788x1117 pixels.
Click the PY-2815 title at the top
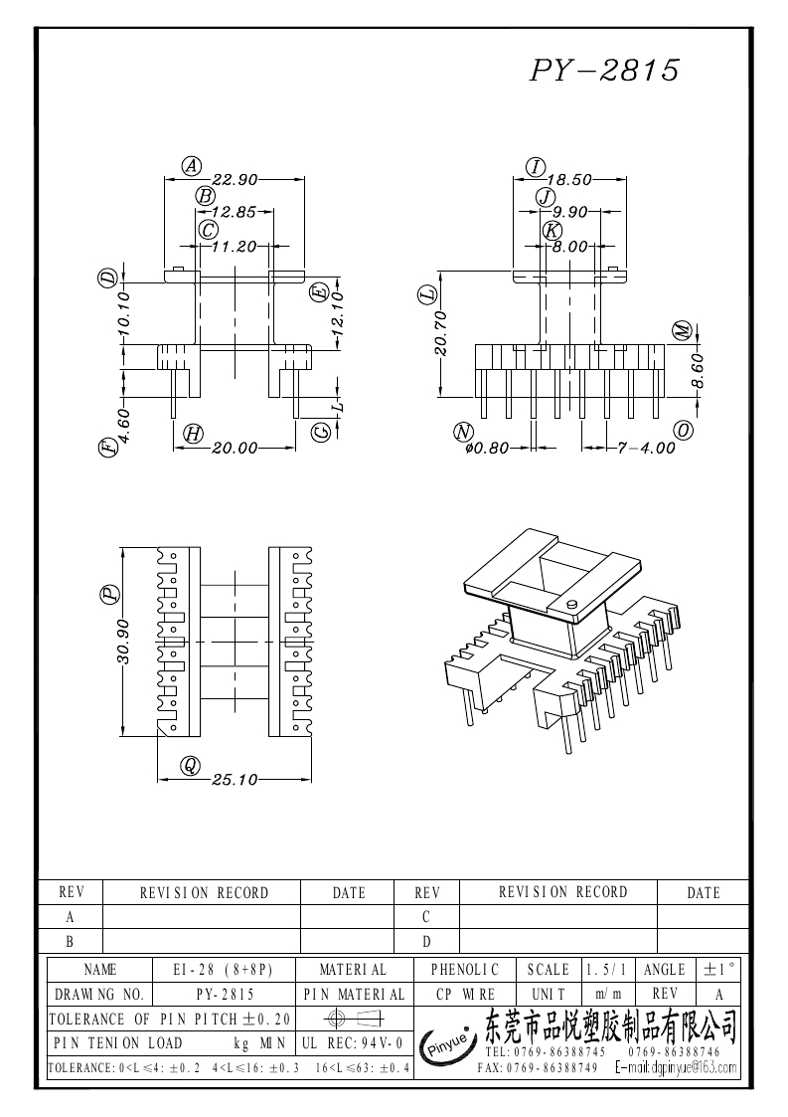tap(604, 70)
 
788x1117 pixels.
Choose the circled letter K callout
tap(552, 230)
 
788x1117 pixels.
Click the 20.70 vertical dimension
tap(441, 333)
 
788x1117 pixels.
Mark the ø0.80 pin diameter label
tap(487, 449)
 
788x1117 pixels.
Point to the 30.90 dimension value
tap(123, 643)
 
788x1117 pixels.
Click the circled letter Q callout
tap(189, 765)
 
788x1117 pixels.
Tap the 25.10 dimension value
tap(235, 780)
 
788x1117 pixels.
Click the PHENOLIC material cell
tap(464, 969)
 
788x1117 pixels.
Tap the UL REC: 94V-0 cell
tap(352, 1043)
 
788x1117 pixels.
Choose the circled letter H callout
tap(193, 433)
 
